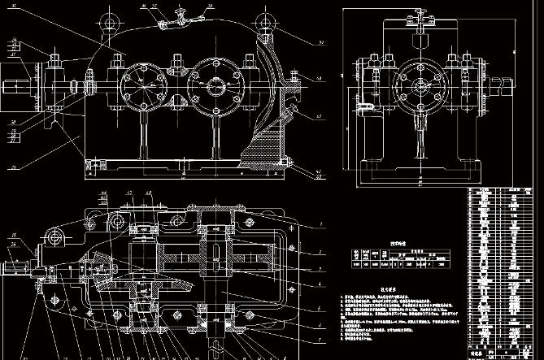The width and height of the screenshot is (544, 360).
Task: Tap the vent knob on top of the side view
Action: [x=420, y=11]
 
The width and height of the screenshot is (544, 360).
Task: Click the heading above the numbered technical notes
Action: [x=388, y=289]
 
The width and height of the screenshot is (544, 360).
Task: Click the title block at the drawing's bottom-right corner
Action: [x=504, y=353]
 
